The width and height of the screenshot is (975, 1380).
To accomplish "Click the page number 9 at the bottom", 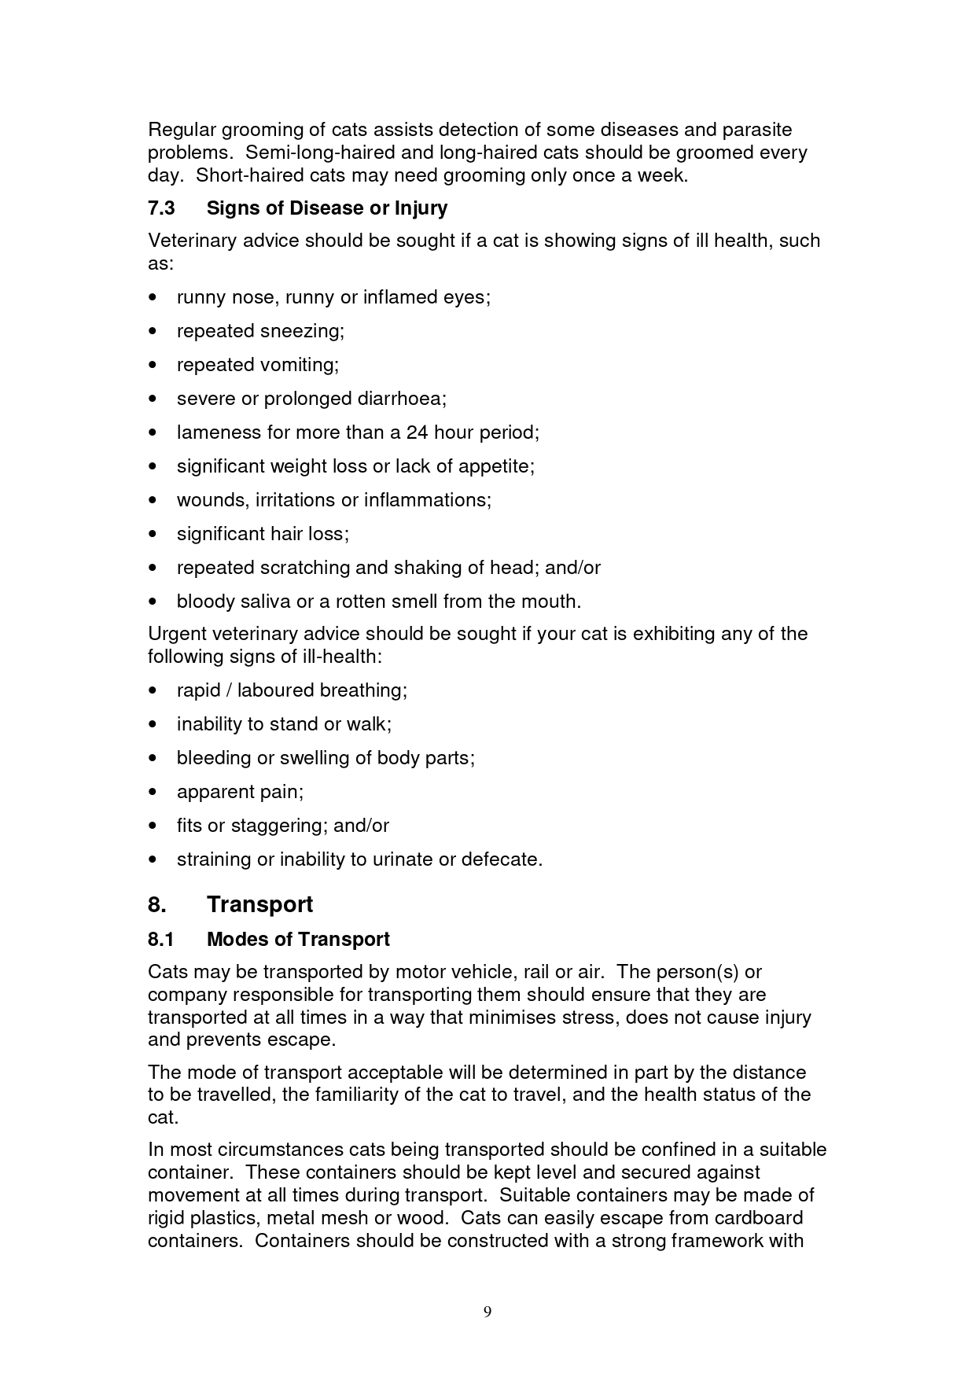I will pyautogui.click(x=487, y=1311).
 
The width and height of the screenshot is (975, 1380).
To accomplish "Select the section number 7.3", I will pyautogui.click(x=161, y=208).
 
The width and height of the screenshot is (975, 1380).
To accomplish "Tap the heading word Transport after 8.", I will pyautogui.click(x=259, y=904).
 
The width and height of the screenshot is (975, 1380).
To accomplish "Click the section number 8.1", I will pyautogui.click(x=160, y=940).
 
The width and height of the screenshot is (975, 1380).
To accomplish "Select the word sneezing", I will pyautogui.click(x=302, y=331).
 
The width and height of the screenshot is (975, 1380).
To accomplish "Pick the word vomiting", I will pyautogui.click(x=300, y=365).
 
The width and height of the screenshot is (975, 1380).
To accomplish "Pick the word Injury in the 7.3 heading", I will pyautogui.click(x=421, y=208).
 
